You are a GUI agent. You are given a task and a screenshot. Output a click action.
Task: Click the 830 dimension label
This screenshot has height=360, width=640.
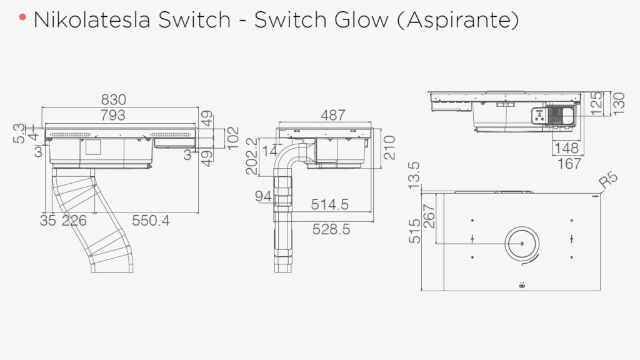[x=113, y=99]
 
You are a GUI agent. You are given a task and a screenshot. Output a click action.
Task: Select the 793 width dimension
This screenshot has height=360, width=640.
[x=113, y=115]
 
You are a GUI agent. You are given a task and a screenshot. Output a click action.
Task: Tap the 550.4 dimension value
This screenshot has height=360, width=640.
[x=151, y=221]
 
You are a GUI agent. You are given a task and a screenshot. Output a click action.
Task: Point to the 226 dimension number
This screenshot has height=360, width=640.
[x=74, y=221]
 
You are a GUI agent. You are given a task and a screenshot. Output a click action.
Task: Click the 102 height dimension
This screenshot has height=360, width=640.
[x=232, y=135]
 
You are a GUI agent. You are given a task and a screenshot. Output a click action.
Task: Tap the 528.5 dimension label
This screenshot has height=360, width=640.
[x=331, y=229]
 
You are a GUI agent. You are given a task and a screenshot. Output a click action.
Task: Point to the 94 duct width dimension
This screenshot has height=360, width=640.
[x=264, y=197]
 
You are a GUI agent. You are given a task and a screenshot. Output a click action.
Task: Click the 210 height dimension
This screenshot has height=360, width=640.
[x=390, y=147]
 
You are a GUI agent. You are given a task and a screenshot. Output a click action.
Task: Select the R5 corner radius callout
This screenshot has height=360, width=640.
[x=608, y=181]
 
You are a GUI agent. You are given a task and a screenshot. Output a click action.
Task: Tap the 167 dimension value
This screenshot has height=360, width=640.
[x=569, y=164]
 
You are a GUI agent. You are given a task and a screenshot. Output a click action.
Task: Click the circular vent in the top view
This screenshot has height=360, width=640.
[x=521, y=243]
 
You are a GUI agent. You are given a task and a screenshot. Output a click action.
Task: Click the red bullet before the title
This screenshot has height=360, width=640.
[x=22, y=17]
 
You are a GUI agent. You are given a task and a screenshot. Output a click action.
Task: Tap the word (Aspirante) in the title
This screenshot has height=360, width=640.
[x=458, y=21]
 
